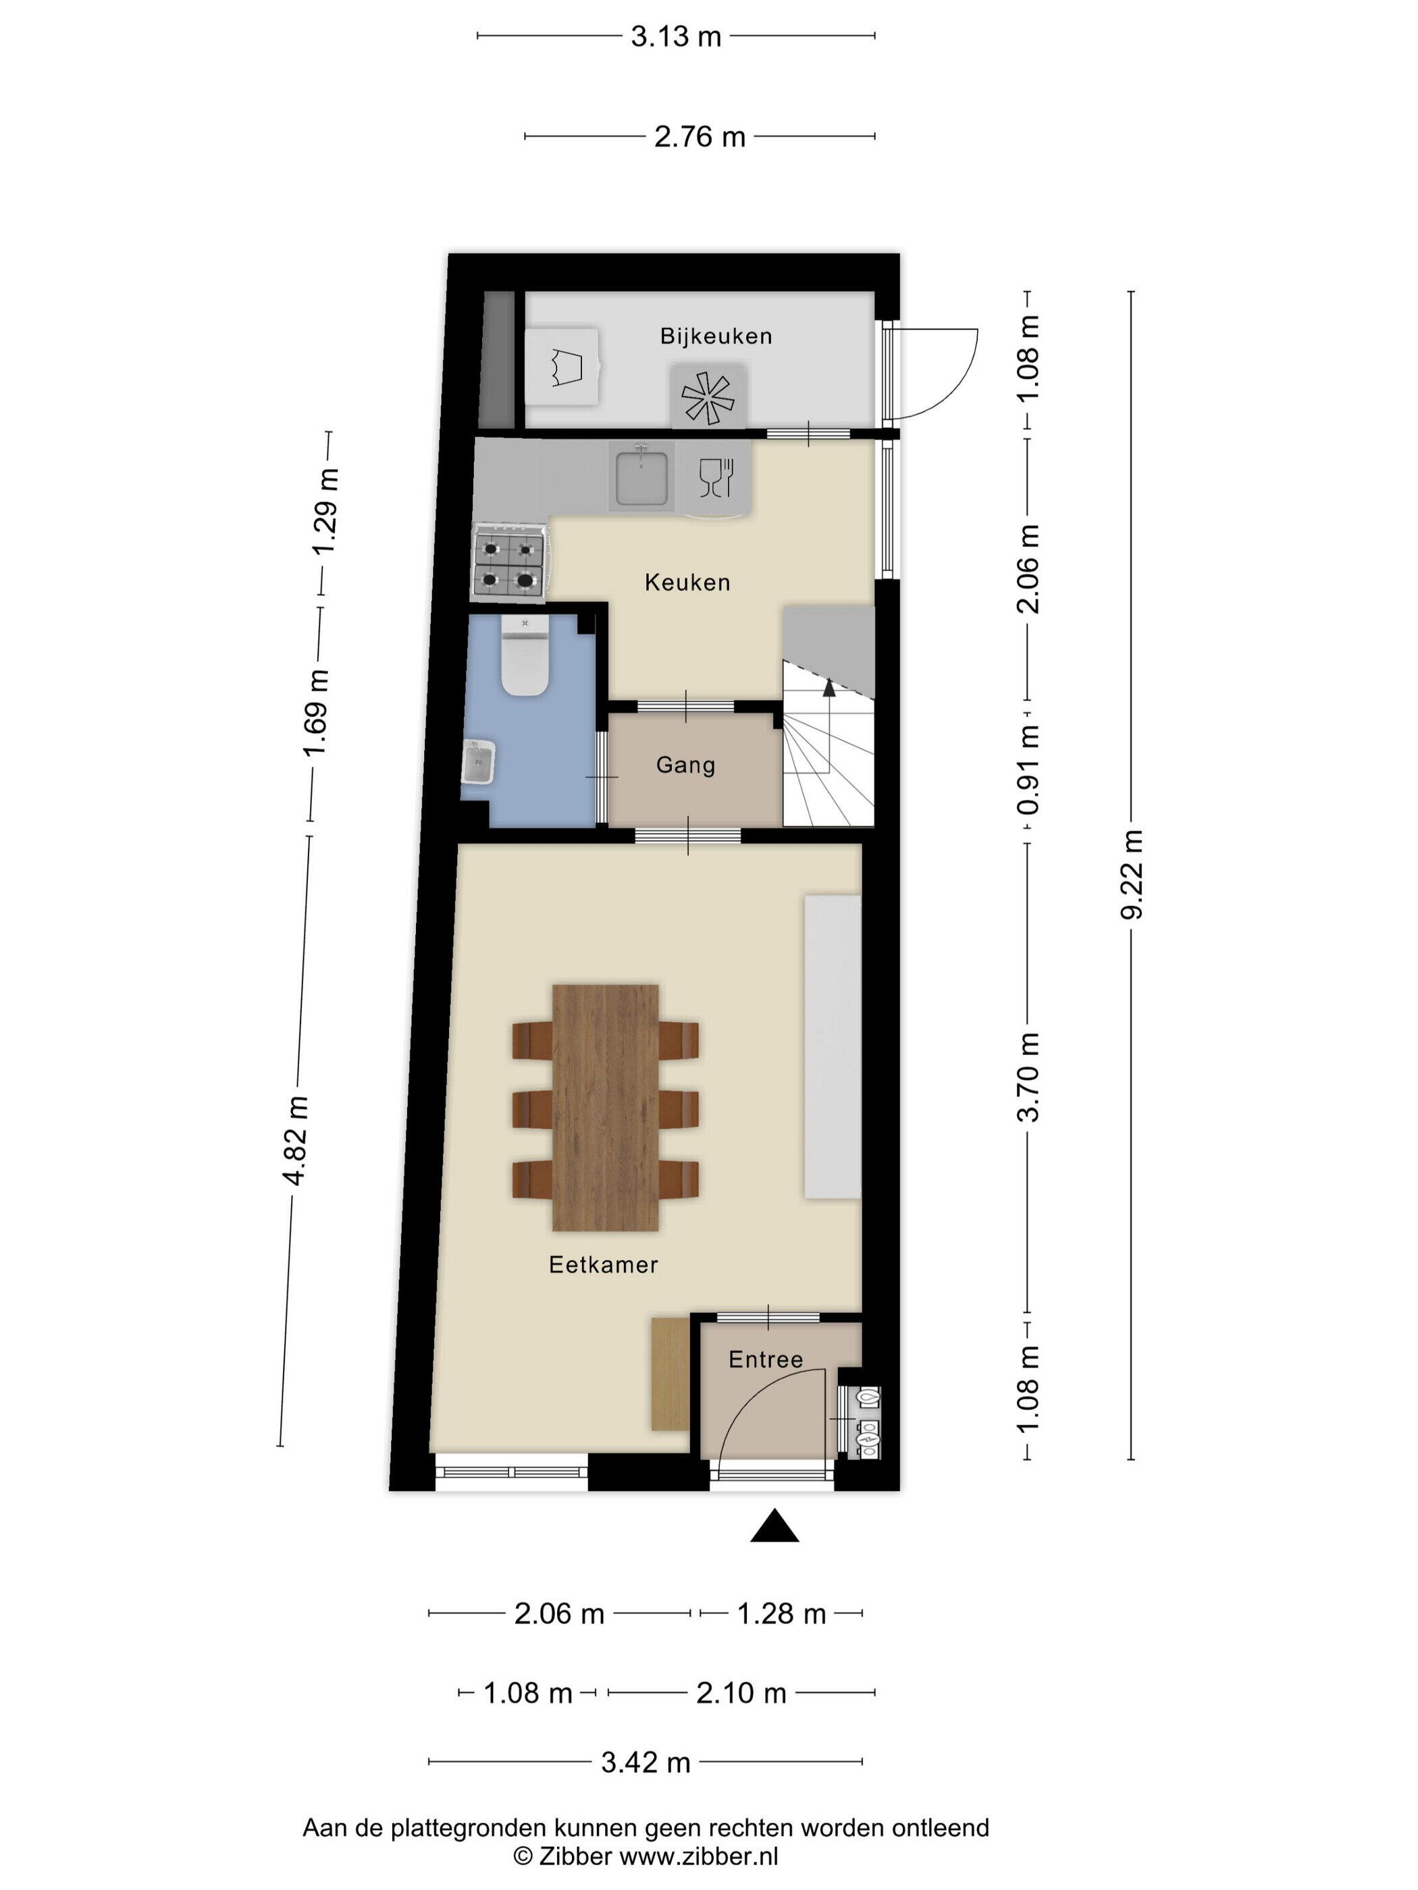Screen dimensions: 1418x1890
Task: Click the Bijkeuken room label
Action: (715, 335)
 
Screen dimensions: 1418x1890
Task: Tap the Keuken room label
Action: (687, 583)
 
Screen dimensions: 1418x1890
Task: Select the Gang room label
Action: (685, 765)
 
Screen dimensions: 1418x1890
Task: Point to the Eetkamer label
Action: (604, 1264)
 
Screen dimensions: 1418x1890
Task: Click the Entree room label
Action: (766, 1359)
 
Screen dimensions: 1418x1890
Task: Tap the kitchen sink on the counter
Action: (641, 476)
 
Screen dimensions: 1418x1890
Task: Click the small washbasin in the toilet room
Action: (478, 762)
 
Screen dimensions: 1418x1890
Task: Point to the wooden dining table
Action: (605, 1108)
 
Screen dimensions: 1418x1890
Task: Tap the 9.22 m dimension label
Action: (1131, 874)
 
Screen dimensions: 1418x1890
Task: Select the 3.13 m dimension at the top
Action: (676, 36)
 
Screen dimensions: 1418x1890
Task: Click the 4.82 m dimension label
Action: (296, 1140)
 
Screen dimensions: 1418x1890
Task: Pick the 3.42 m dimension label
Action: (646, 1762)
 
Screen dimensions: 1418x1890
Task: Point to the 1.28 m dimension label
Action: (781, 1614)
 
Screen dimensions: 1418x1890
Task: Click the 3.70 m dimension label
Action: (1028, 1077)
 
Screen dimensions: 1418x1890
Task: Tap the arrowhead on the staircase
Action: (829, 687)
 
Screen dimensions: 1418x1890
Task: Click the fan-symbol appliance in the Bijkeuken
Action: (708, 396)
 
